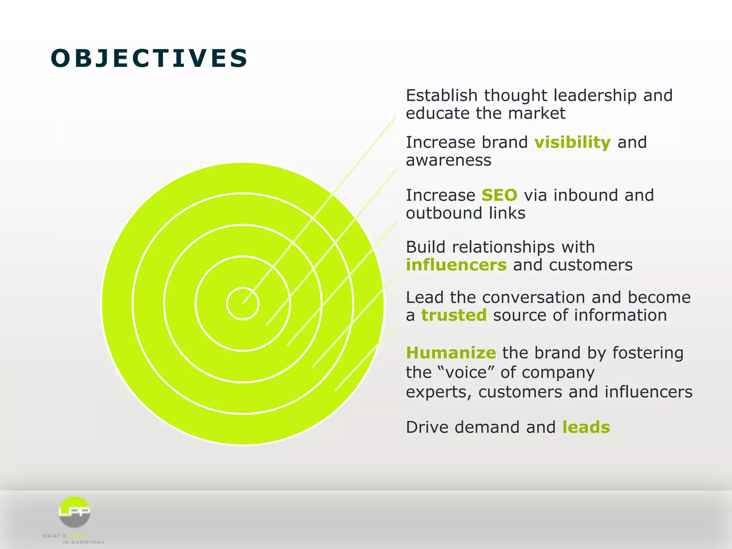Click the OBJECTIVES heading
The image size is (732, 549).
tap(149, 58)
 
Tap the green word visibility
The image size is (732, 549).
tap(573, 142)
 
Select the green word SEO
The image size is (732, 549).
tap(499, 195)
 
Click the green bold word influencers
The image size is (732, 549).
tap(456, 265)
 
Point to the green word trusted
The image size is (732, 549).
tap(454, 315)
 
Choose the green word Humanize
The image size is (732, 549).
tap(451, 353)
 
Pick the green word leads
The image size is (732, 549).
tap(586, 427)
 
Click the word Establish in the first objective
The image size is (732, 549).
tap(441, 96)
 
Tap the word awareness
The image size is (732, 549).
tap(449, 160)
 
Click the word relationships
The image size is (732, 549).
tap(503, 247)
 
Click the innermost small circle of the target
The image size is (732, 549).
tap(243, 304)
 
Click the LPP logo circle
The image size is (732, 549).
tap(74, 512)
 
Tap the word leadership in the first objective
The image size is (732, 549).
tap(595, 96)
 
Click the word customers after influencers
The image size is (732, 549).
tap(590, 265)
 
